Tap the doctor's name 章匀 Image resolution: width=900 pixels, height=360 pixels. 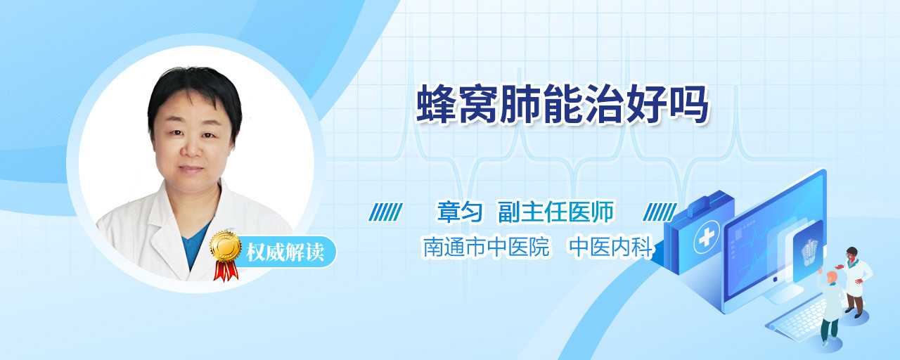[x=460, y=212]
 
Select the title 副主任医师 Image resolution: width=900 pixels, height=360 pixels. [x=556, y=212]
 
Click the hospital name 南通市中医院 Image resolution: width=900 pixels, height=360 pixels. [x=486, y=247]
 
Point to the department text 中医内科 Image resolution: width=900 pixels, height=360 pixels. [x=611, y=247]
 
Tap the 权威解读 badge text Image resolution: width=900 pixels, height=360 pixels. [x=285, y=252]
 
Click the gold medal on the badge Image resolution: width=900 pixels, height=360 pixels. [x=226, y=246]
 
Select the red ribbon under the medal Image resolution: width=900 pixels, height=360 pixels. [x=226, y=271]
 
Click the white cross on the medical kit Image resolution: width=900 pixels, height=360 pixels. [x=707, y=238]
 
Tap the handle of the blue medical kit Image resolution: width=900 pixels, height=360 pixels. [x=702, y=204]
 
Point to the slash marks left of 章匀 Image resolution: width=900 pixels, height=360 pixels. [x=386, y=212]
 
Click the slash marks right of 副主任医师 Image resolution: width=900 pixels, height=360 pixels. [x=660, y=212]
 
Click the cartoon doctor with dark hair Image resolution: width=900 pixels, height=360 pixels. [x=855, y=281]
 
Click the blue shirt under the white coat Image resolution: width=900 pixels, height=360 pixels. [x=195, y=245]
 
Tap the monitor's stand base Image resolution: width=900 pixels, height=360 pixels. [x=781, y=294]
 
